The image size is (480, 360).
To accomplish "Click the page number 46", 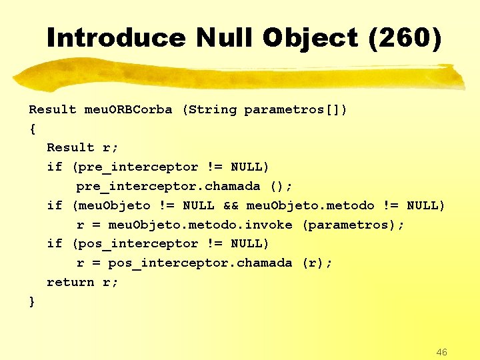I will pos(441,351).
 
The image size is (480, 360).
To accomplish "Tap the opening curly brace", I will pos(32,128).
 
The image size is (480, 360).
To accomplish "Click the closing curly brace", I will pos(32,301).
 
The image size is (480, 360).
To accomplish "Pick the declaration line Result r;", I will pos(82,147).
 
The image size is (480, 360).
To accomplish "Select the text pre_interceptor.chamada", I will pos(167,186).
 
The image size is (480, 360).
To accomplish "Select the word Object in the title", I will pos(311,38).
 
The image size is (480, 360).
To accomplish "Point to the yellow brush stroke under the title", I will pos(240,77).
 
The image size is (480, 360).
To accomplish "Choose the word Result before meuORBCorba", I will pos(53,109).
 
